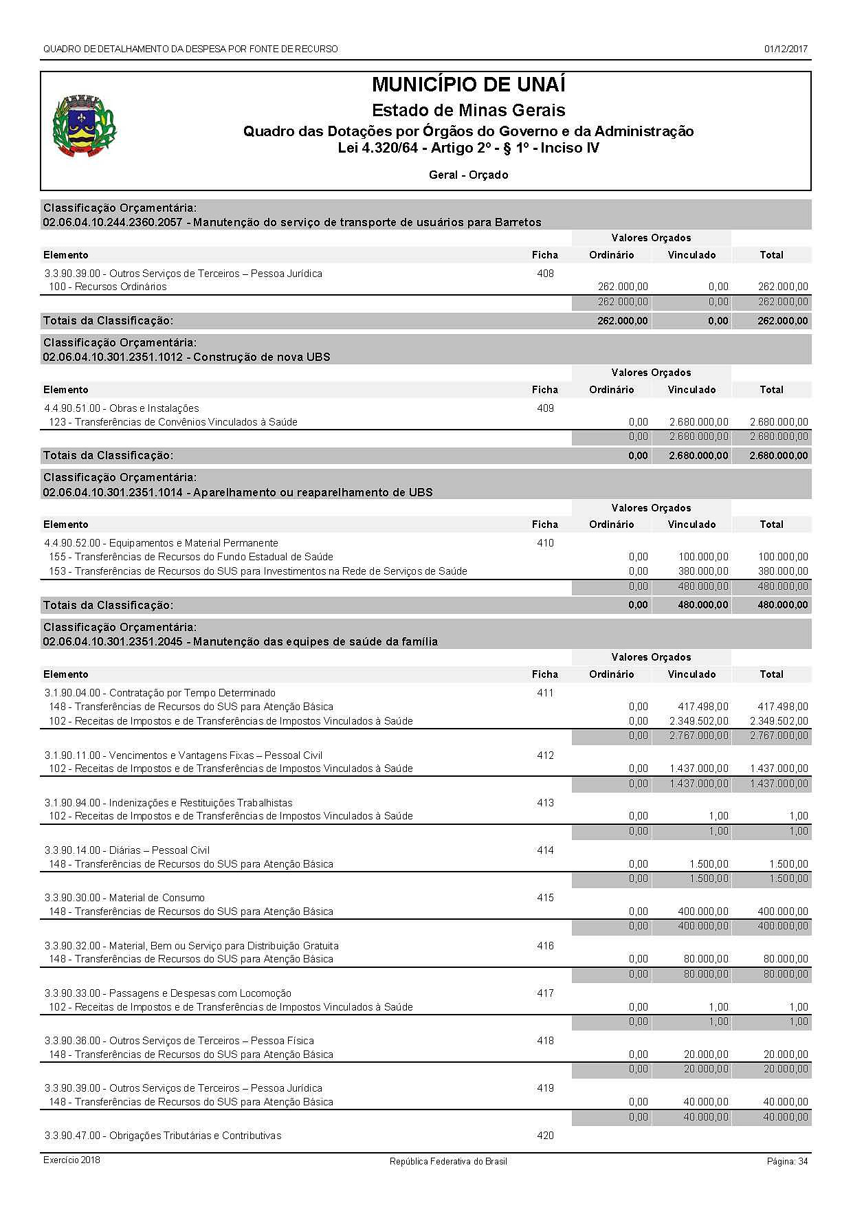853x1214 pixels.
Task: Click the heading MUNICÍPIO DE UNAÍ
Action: [468, 85]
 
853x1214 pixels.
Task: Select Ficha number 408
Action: [545, 274]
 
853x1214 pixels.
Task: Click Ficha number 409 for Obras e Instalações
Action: [545, 408]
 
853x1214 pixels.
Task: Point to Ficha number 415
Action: [545, 898]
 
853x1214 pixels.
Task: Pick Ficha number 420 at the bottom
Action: [545, 1136]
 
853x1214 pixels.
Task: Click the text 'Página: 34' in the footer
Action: [787, 1162]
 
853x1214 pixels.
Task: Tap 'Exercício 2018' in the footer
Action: [71, 1160]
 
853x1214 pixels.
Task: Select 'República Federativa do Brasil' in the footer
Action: [448, 1162]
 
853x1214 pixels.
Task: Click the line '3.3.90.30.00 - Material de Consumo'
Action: [124, 898]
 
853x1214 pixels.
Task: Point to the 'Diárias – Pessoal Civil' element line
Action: [127, 850]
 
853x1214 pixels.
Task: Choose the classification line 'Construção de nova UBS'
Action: [186, 357]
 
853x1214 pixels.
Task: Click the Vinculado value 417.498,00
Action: [703, 707]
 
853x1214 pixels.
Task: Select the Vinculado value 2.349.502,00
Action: [698, 721]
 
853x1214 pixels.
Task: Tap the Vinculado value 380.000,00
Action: [703, 571]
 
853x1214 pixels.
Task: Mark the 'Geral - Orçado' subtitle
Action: [468, 175]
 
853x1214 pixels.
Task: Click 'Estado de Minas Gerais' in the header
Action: [468, 111]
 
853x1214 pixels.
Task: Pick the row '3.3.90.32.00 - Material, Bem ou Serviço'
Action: [191, 946]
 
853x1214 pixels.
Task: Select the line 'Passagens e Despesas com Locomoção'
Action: [168, 993]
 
